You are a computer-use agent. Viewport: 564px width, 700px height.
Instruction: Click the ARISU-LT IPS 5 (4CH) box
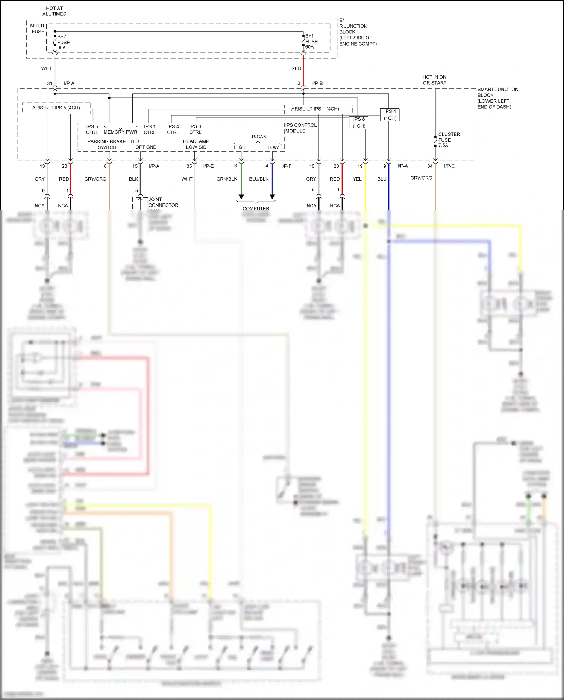click(x=56, y=108)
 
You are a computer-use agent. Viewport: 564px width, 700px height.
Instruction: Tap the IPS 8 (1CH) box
click(x=359, y=123)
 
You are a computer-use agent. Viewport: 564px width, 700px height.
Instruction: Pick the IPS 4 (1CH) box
click(x=390, y=115)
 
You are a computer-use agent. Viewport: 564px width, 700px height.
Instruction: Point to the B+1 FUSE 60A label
click(x=311, y=41)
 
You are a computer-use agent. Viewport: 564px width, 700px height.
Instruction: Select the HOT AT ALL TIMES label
click(x=54, y=11)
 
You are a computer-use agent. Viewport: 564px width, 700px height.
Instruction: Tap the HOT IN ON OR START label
click(x=434, y=80)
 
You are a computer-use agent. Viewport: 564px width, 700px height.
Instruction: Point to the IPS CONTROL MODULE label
click(x=300, y=128)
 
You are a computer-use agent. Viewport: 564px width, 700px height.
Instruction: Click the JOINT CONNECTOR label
click(x=163, y=202)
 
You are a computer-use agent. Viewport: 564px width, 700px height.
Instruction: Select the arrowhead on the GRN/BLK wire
click(x=241, y=197)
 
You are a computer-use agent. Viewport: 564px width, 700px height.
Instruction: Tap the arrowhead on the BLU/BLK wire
click(x=273, y=197)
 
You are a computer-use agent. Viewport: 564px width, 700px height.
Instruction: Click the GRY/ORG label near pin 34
click(x=421, y=178)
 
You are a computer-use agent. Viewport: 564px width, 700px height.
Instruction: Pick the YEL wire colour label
click(x=357, y=179)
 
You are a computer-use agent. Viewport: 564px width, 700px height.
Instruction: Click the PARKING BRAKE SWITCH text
click(x=107, y=144)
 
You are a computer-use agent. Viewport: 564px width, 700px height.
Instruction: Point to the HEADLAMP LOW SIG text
click(x=196, y=144)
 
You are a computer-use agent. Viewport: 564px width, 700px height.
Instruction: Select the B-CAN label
click(x=259, y=137)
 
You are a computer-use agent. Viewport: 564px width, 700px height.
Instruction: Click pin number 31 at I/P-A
click(x=50, y=84)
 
